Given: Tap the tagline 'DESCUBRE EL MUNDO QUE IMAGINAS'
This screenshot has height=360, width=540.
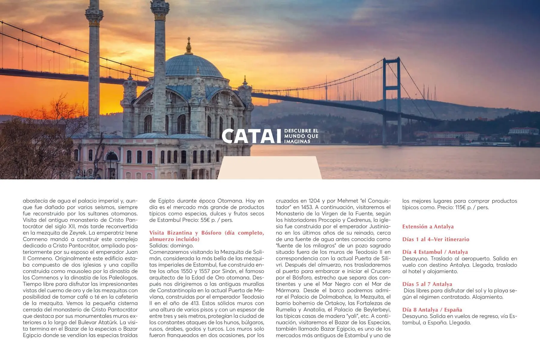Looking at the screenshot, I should pos(301,136).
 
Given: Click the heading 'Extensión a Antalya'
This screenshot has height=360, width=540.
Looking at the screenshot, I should pos(428,226).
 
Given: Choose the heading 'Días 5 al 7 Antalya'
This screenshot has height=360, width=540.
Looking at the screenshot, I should pos(427,284).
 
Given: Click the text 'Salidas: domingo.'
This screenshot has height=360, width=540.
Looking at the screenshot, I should pos(172,246).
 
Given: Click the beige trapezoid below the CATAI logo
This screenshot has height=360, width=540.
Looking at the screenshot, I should pos(269,168).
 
